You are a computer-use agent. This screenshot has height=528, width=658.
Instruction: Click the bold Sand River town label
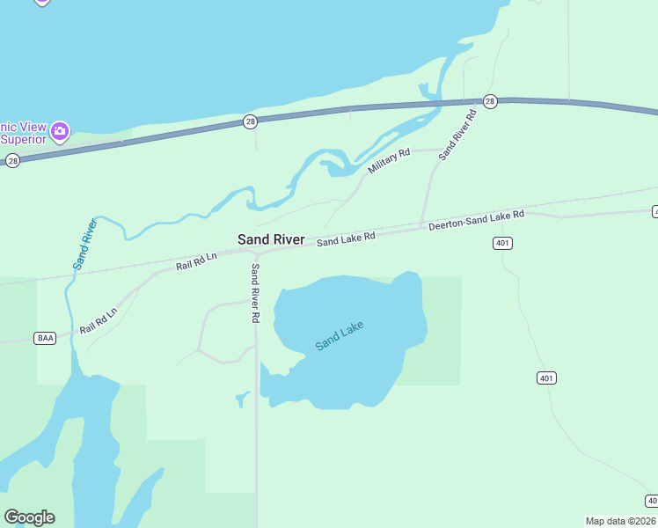pos(271,239)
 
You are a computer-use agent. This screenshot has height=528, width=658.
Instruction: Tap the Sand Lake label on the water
pos(339,336)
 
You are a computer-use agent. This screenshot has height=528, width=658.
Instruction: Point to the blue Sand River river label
pos(84,243)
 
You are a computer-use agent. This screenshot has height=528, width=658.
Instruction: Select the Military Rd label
pos(389,161)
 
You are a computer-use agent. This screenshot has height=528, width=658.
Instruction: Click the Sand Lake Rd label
pos(347,238)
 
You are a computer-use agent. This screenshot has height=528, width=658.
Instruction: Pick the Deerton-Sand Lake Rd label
pos(476,220)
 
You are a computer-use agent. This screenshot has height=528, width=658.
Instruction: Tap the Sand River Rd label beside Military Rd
pos(457,134)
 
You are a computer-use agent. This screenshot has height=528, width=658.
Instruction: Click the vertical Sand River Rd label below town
pos(255,293)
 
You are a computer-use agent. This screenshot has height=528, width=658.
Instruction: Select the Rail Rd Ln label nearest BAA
pos(99,321)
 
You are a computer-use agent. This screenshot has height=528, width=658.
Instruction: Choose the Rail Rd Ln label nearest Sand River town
pos(195,260)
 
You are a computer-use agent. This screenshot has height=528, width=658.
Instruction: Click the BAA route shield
pos(45,338)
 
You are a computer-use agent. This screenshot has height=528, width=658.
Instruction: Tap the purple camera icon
pos(60,132)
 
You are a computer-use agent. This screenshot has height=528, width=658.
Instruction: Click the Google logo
pos(29,517)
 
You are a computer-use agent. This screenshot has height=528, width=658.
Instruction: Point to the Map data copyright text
pos(620,521)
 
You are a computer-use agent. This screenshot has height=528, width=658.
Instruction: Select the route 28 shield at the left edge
pos(12,160)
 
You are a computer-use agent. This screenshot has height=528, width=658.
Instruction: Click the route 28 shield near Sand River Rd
pos(490,101)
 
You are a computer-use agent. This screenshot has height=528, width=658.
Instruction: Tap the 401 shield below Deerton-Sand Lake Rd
pos(502,243)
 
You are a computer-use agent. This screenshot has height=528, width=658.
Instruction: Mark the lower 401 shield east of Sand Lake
pos(546,378)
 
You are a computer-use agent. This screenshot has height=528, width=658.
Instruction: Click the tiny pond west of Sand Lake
pos(243,399)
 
